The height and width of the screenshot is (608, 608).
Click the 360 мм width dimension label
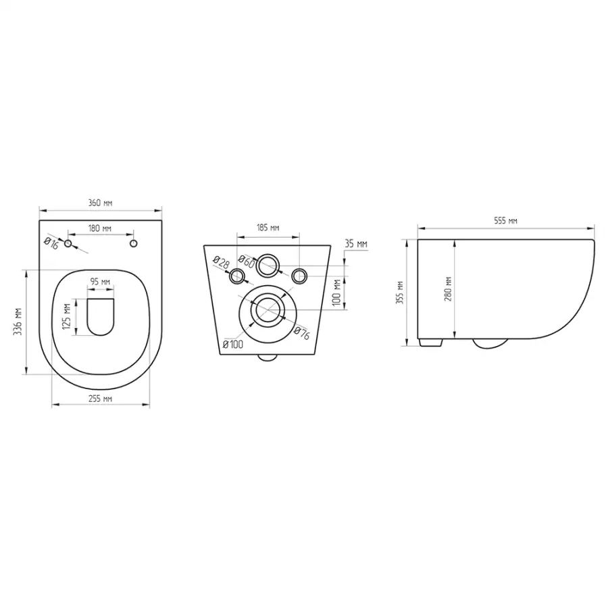tap(101, 203)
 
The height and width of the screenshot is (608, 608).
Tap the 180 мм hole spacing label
tap(100, 228)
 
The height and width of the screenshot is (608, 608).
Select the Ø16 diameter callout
tap(51, 243)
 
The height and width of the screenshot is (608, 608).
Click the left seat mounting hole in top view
tap(68, 243)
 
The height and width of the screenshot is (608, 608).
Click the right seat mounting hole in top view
tap(133, 243)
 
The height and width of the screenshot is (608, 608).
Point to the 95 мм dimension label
tap(101, 282)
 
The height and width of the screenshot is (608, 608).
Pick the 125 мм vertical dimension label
tap(67, 317)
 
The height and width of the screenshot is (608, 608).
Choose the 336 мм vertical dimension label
tap(18, 322)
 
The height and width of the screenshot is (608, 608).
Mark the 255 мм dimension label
tap(101, 398)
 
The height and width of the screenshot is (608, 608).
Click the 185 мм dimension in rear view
tap(268, 227)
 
